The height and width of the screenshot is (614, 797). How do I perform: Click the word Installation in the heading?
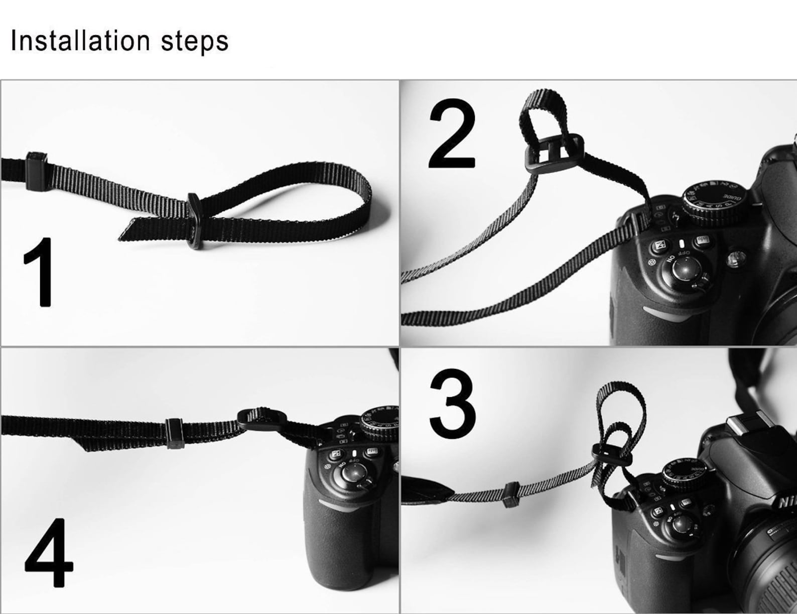(x=80, y=41)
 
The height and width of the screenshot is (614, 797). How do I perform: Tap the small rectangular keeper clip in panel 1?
(x=37, y=170)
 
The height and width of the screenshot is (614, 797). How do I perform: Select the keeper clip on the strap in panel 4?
(x=174, y=432)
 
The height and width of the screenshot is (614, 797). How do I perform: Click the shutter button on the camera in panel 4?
(x=355, y=471)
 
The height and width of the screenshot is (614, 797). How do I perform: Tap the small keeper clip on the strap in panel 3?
(x=511, y=493)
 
